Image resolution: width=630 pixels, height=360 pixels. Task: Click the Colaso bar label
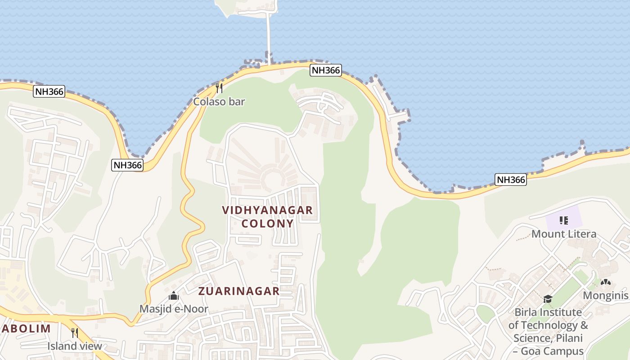tap(219, 102)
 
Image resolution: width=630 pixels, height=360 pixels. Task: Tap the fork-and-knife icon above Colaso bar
tap(219, 87)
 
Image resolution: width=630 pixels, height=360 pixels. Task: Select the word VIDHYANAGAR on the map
tap(267, 210)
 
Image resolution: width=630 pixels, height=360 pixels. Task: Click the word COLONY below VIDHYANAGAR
tap(267, 224)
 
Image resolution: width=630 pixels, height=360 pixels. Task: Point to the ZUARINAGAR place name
tap(239, 291)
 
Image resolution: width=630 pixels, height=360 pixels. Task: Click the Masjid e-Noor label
tap(174, 309)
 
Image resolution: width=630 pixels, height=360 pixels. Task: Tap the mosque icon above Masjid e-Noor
tap(174, 296)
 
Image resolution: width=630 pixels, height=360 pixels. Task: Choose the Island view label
tap(75, 346)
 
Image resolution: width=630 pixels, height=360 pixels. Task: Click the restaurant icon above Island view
tap(75, 333)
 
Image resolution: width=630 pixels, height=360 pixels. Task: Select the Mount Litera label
tap(564, 234)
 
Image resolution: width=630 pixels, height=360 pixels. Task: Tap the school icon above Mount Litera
tap(563, 220)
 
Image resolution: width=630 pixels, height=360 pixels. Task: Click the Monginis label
tap(605, 296)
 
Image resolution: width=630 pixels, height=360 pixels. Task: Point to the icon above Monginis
tap(606, 283)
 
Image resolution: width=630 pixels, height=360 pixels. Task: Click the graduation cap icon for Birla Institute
tap(548, 299)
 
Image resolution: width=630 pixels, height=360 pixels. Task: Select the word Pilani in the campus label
tap(568, 338)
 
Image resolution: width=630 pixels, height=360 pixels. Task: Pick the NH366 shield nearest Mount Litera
tap(511, 180)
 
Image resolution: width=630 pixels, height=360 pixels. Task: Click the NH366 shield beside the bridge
tap(326, 70)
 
